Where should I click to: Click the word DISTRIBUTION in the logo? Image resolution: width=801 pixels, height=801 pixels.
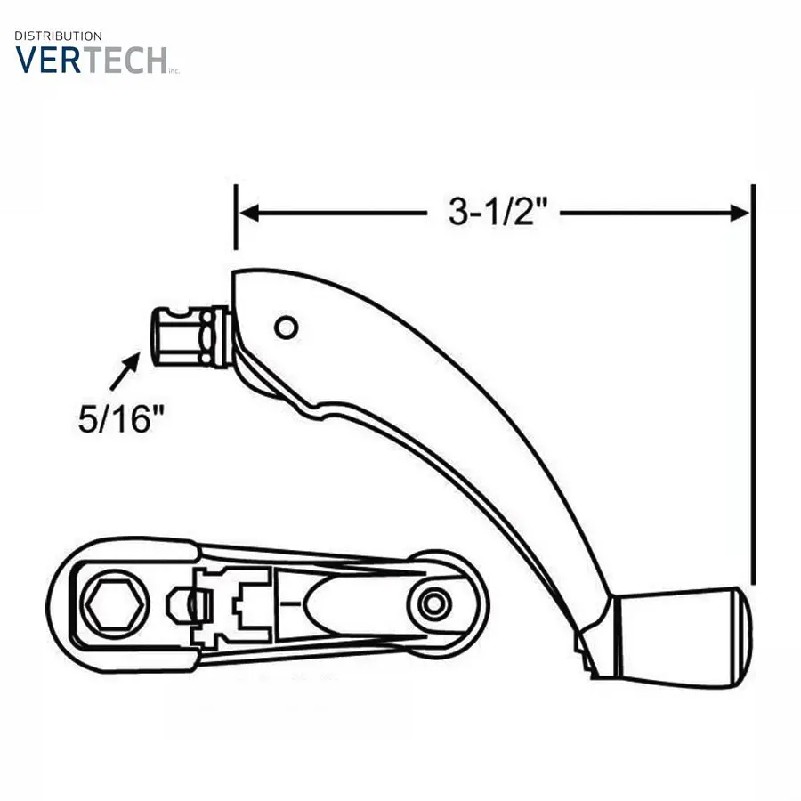pos(58,36)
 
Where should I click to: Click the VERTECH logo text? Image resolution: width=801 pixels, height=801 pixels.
pos(92,60)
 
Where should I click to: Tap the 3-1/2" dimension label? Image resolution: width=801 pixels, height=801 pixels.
pos(498,212)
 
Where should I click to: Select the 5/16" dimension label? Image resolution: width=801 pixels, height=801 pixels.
pos(121,419)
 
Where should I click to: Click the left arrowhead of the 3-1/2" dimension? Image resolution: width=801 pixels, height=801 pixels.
pos(249,213)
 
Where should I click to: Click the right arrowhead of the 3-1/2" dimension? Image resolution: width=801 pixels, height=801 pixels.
pos(740,213)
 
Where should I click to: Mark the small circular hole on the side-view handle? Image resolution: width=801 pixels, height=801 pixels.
pos(286,328)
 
